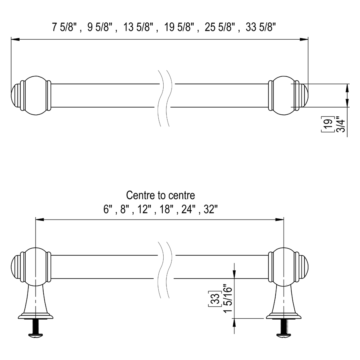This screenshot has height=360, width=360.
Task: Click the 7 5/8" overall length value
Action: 64,27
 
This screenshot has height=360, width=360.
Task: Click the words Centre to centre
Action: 160,195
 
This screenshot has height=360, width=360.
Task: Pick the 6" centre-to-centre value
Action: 108,209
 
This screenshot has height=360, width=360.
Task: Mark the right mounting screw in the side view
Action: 284,329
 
